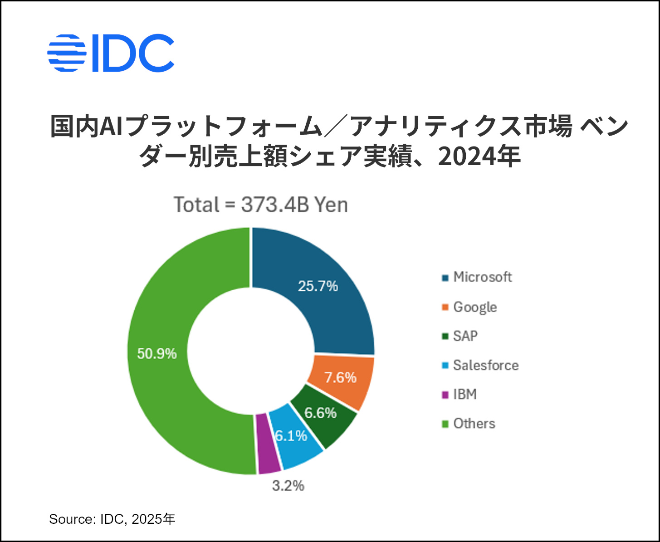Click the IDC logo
click(x=111, y=53)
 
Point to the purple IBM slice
click(x=268, y=444)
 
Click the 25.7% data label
click(x=318, y=286)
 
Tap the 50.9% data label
click(x=157, y=354)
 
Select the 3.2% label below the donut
click(x=288, y=486)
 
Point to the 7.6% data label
click(x=340, y=377)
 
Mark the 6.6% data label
click(x=320, y=413)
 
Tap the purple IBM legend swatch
click(x=445, y=395)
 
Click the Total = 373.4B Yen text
click(x=261, y=205)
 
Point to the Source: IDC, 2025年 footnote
click(x=112, y=519)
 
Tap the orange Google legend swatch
click(x=445, y=308)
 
